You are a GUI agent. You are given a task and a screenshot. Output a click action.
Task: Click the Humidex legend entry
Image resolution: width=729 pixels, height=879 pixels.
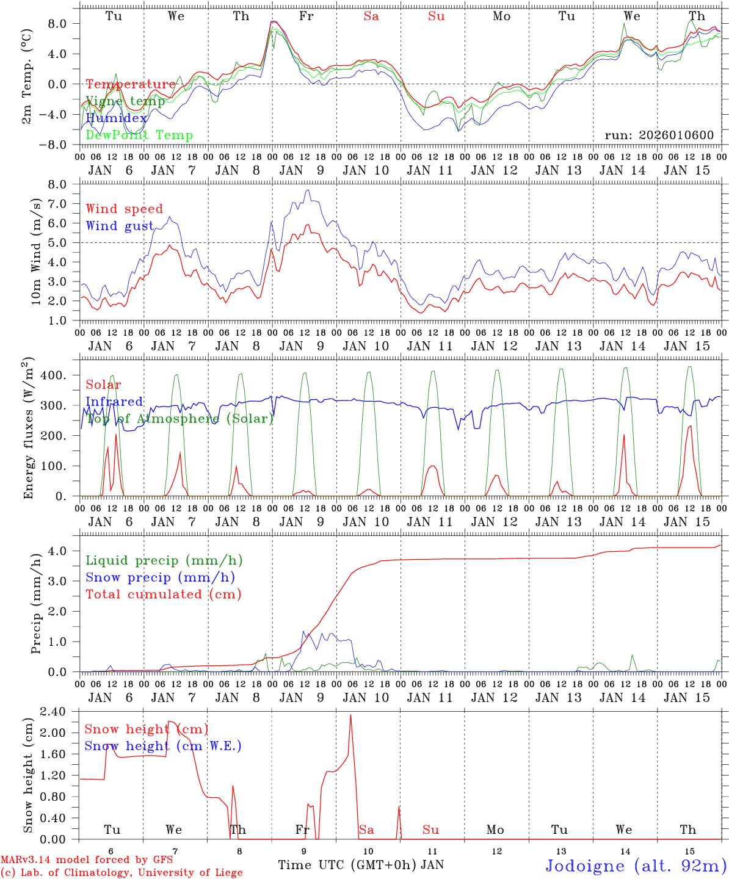click(116, 118)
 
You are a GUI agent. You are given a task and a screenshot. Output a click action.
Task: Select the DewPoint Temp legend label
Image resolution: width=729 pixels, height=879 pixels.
click(139, 136)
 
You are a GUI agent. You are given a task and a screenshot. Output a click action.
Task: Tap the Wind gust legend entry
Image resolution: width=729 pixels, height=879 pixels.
click(120, 226)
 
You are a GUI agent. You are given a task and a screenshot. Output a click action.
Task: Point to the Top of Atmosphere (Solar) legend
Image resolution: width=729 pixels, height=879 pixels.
click(180, 419)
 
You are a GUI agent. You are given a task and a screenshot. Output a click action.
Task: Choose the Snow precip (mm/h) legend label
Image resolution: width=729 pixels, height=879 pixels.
click(160, 577)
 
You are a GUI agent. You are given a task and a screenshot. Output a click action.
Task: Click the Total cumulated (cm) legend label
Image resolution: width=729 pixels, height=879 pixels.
click(163, 594)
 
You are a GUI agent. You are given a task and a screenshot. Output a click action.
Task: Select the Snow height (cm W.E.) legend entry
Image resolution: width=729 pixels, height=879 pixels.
click(162, 746)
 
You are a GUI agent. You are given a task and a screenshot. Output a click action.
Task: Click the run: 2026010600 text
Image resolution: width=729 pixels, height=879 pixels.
click(659, 136)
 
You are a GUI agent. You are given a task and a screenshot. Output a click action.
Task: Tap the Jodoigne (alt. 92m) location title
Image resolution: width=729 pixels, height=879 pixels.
click(635, 866)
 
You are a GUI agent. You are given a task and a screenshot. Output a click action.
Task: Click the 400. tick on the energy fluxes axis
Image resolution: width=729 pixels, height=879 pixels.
click(53, 375)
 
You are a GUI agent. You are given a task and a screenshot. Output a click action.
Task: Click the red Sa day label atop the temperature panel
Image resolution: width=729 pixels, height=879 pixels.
click(371, 16)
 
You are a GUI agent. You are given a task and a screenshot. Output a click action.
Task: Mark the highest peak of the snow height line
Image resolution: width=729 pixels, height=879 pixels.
click(350, 714)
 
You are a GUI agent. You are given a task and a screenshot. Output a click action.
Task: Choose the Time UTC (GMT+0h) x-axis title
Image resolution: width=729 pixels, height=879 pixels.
click(347, 865)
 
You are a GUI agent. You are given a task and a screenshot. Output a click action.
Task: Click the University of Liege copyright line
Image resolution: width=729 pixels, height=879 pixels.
click(122, 873)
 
